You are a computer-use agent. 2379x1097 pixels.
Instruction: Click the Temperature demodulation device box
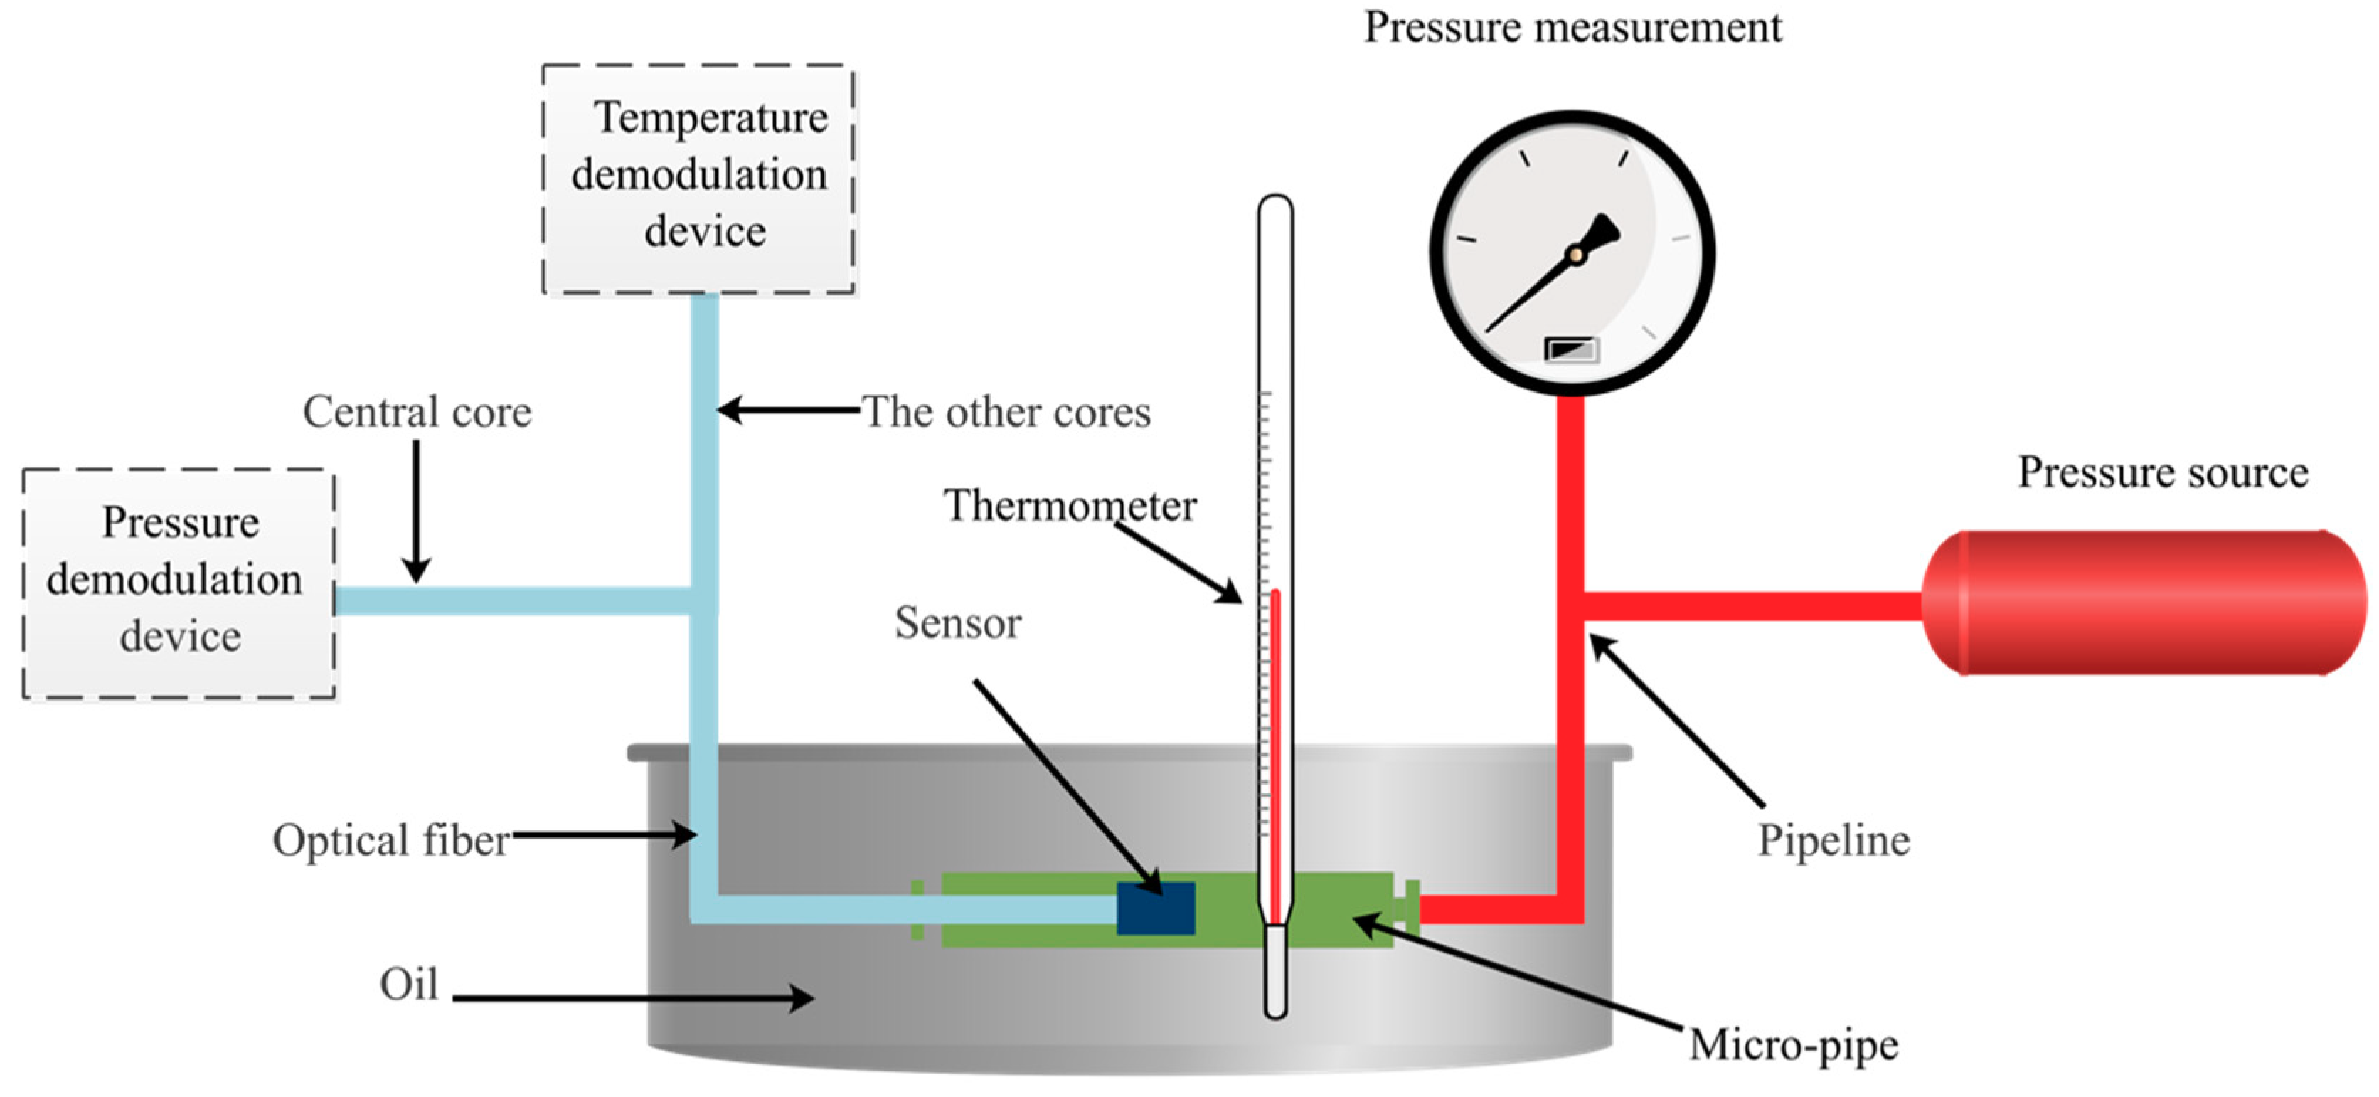[x=698, y=179]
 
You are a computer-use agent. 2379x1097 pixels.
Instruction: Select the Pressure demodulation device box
[x=179, y=583]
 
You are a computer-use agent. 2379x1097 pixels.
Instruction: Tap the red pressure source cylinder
[x=2143, y=602]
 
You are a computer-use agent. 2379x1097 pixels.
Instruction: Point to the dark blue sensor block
[x=1155, y=908]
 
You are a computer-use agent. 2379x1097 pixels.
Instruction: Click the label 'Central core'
[x=417, y=412]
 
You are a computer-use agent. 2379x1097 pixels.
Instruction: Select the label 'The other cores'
[x=1006, y=412]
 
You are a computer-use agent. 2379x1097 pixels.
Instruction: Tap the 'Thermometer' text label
[x=1070, y=505]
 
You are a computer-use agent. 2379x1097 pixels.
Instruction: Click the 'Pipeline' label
[x=1834, y=840]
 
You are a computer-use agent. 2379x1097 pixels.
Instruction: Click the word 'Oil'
[x=408, y=985]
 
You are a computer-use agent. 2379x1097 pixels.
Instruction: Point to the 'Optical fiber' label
[x=390, y=840]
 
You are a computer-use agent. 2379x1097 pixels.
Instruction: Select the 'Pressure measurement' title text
[x=1572, y=27]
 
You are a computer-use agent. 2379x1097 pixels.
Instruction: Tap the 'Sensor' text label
[x=958, y=623]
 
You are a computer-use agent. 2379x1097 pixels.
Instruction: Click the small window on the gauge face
[x=1571, y=350]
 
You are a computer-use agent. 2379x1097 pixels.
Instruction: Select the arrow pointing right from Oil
[x=632, y=997]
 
